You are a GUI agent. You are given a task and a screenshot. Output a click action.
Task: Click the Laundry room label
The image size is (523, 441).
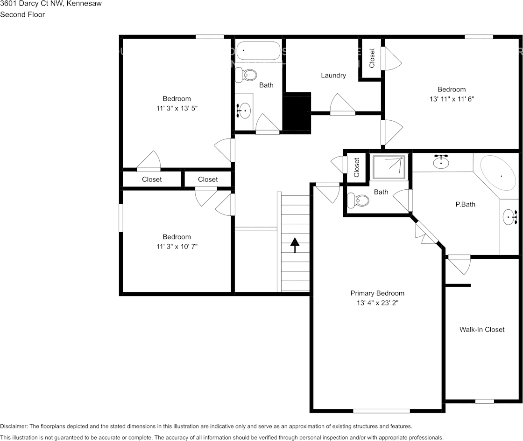[x=333, y=75]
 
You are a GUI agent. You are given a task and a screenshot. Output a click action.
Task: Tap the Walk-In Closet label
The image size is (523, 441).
[x=481, y=330]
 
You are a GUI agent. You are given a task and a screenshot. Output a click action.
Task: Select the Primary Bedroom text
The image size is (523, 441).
[x=377, y=293]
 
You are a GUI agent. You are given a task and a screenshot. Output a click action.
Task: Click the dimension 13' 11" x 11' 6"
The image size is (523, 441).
[x=452, y=99]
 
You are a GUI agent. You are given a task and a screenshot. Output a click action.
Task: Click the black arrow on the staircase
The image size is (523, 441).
[x=295, y=245]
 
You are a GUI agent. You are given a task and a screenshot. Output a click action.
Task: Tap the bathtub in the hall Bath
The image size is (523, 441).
[x=258, y=50]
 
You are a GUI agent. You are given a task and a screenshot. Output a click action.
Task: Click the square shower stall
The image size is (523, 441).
[x=389, y=167]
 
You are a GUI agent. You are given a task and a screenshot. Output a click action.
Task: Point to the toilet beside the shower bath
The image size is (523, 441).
[x=360, y=201]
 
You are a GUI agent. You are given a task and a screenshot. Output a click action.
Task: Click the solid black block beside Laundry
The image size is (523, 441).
[x=297, y=112]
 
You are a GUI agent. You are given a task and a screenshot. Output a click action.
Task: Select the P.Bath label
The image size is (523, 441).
[x=465, y=204]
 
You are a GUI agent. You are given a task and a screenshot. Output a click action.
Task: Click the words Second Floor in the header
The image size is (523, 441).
[x=22, y=14]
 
